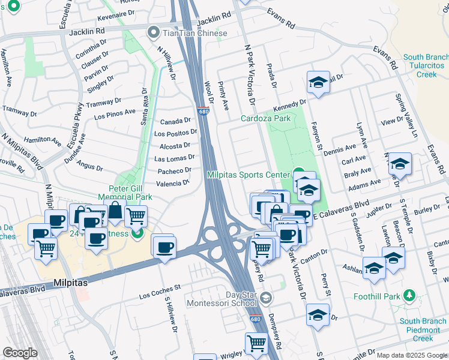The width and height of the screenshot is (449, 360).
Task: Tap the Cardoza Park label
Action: tap(265, 118)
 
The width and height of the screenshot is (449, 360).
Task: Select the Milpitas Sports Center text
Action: tap(248, 175)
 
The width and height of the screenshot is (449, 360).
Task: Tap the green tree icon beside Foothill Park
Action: tap(409, 295)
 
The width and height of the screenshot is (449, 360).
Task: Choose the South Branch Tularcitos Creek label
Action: tap(425, 66)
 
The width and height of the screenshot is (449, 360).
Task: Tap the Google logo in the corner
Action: tap(20, 353)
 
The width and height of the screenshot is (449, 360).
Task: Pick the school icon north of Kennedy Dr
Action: tap(318, 82)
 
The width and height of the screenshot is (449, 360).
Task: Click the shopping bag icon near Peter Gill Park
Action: tap(115, 212)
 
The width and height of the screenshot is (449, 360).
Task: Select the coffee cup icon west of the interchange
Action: tap(163, 246)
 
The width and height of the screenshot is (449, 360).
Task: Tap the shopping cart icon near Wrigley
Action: tap(256, 343)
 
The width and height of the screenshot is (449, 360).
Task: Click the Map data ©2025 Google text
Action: tap(411, 355)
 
